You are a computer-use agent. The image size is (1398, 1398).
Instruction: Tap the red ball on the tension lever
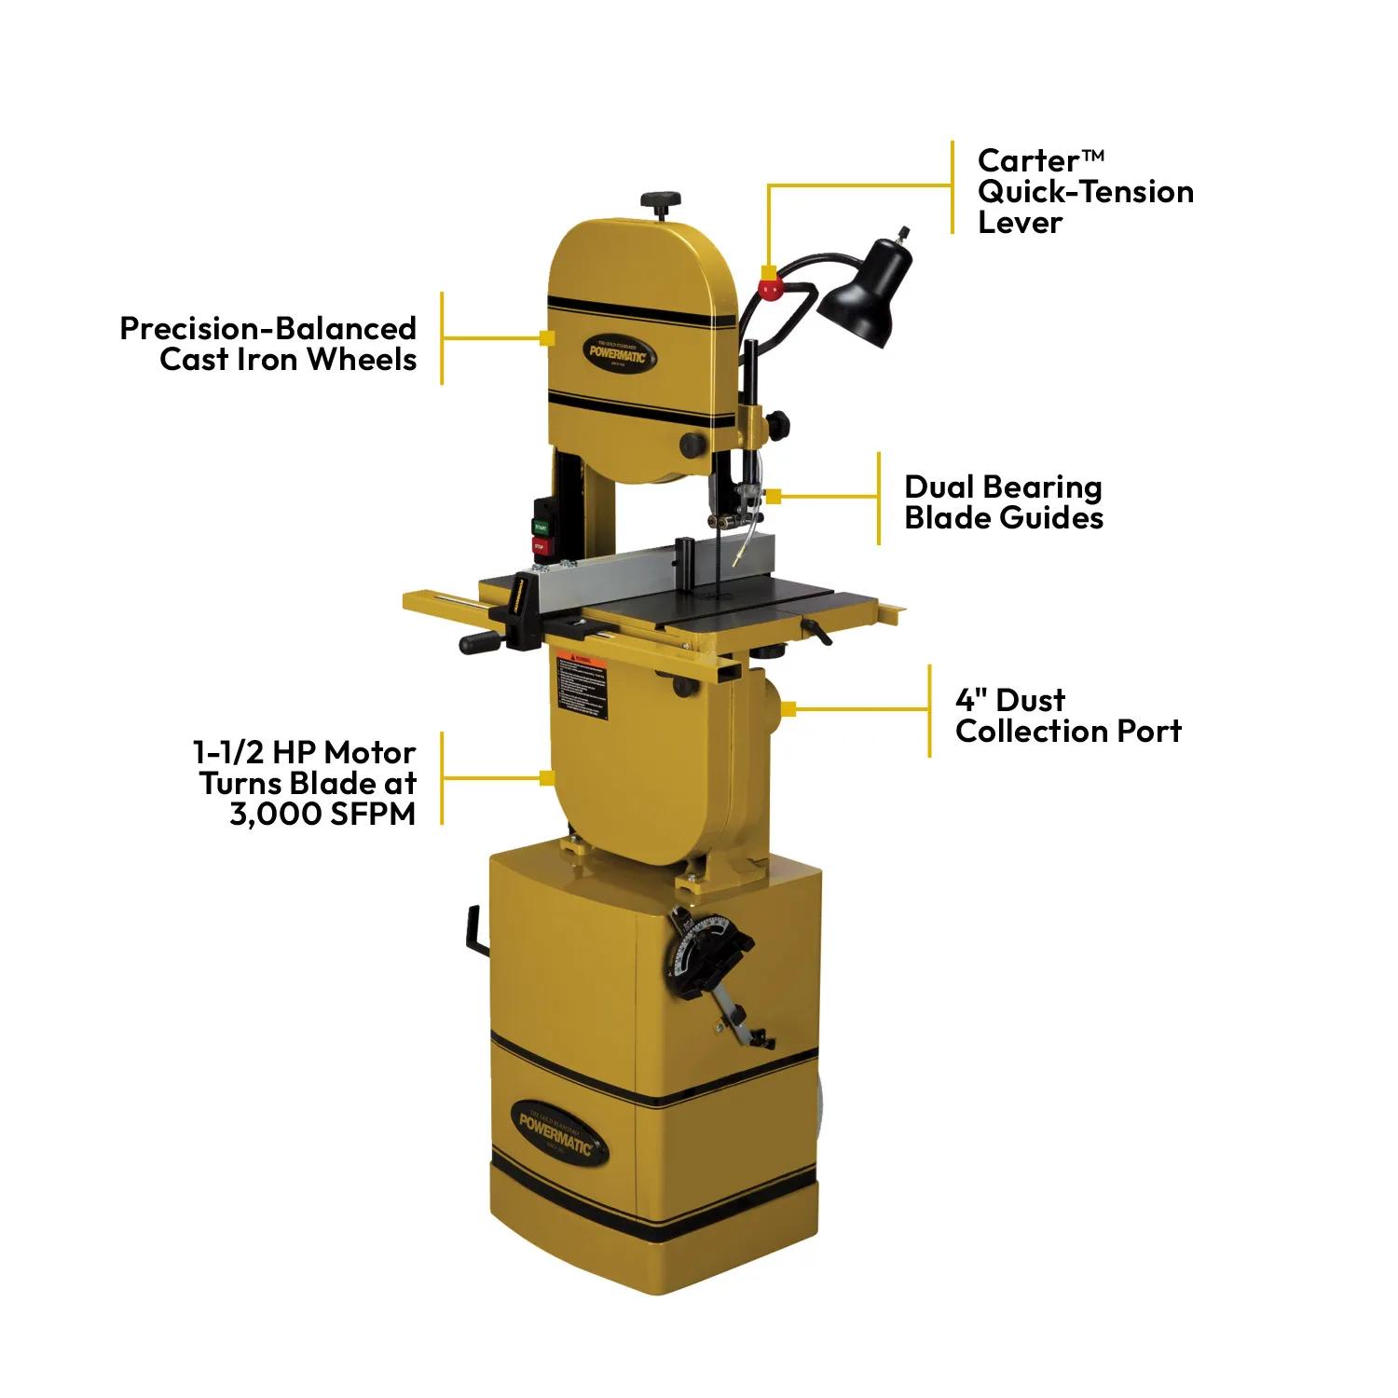pos(769,288)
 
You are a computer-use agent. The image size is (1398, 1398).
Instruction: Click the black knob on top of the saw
pos(661,201)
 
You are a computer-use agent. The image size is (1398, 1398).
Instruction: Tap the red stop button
pos(540,545)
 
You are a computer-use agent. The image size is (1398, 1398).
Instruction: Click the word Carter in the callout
pos(1028,160)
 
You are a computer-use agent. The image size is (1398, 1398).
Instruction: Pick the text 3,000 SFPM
pos(322,814)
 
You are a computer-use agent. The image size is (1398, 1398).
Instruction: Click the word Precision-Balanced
pos(267,328)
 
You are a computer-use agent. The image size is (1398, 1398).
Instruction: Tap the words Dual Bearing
pos(1003,487)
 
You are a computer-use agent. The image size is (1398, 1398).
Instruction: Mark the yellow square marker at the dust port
pos(788,709)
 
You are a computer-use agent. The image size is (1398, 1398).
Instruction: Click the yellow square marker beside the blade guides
pos(773,497)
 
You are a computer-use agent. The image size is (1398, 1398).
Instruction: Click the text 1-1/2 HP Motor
pos(304,752)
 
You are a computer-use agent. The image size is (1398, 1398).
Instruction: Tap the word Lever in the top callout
pos(1020,222)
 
